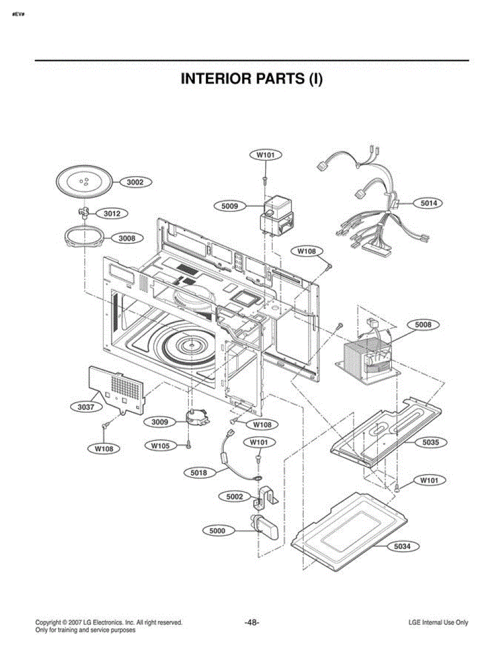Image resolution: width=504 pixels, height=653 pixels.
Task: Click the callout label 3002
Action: click(136, 182)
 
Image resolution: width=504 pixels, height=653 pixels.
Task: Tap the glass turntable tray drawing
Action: click(84, 182)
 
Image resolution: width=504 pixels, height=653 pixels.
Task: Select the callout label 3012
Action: click(112, 214)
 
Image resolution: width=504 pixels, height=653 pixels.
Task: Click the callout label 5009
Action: click(230, 206)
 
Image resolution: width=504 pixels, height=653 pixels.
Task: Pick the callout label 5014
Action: click(428, 203)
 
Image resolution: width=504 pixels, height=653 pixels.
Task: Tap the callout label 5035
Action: click(431, 442)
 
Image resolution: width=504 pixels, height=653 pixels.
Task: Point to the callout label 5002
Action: click(235, 496)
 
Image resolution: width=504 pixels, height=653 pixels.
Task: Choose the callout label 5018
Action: click(199, 473)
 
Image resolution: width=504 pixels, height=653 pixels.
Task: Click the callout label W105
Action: click(161, 446)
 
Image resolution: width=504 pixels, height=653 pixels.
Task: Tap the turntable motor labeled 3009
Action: click(197, 417)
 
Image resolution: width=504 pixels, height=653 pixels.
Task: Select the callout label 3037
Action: click(86, 407)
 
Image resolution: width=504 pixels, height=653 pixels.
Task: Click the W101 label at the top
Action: click(266, 155)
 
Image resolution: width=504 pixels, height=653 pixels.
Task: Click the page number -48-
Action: click(252, 623)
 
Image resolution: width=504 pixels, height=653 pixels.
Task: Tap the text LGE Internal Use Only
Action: click(439, 623)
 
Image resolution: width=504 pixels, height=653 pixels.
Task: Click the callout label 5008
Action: click(423, 325)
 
